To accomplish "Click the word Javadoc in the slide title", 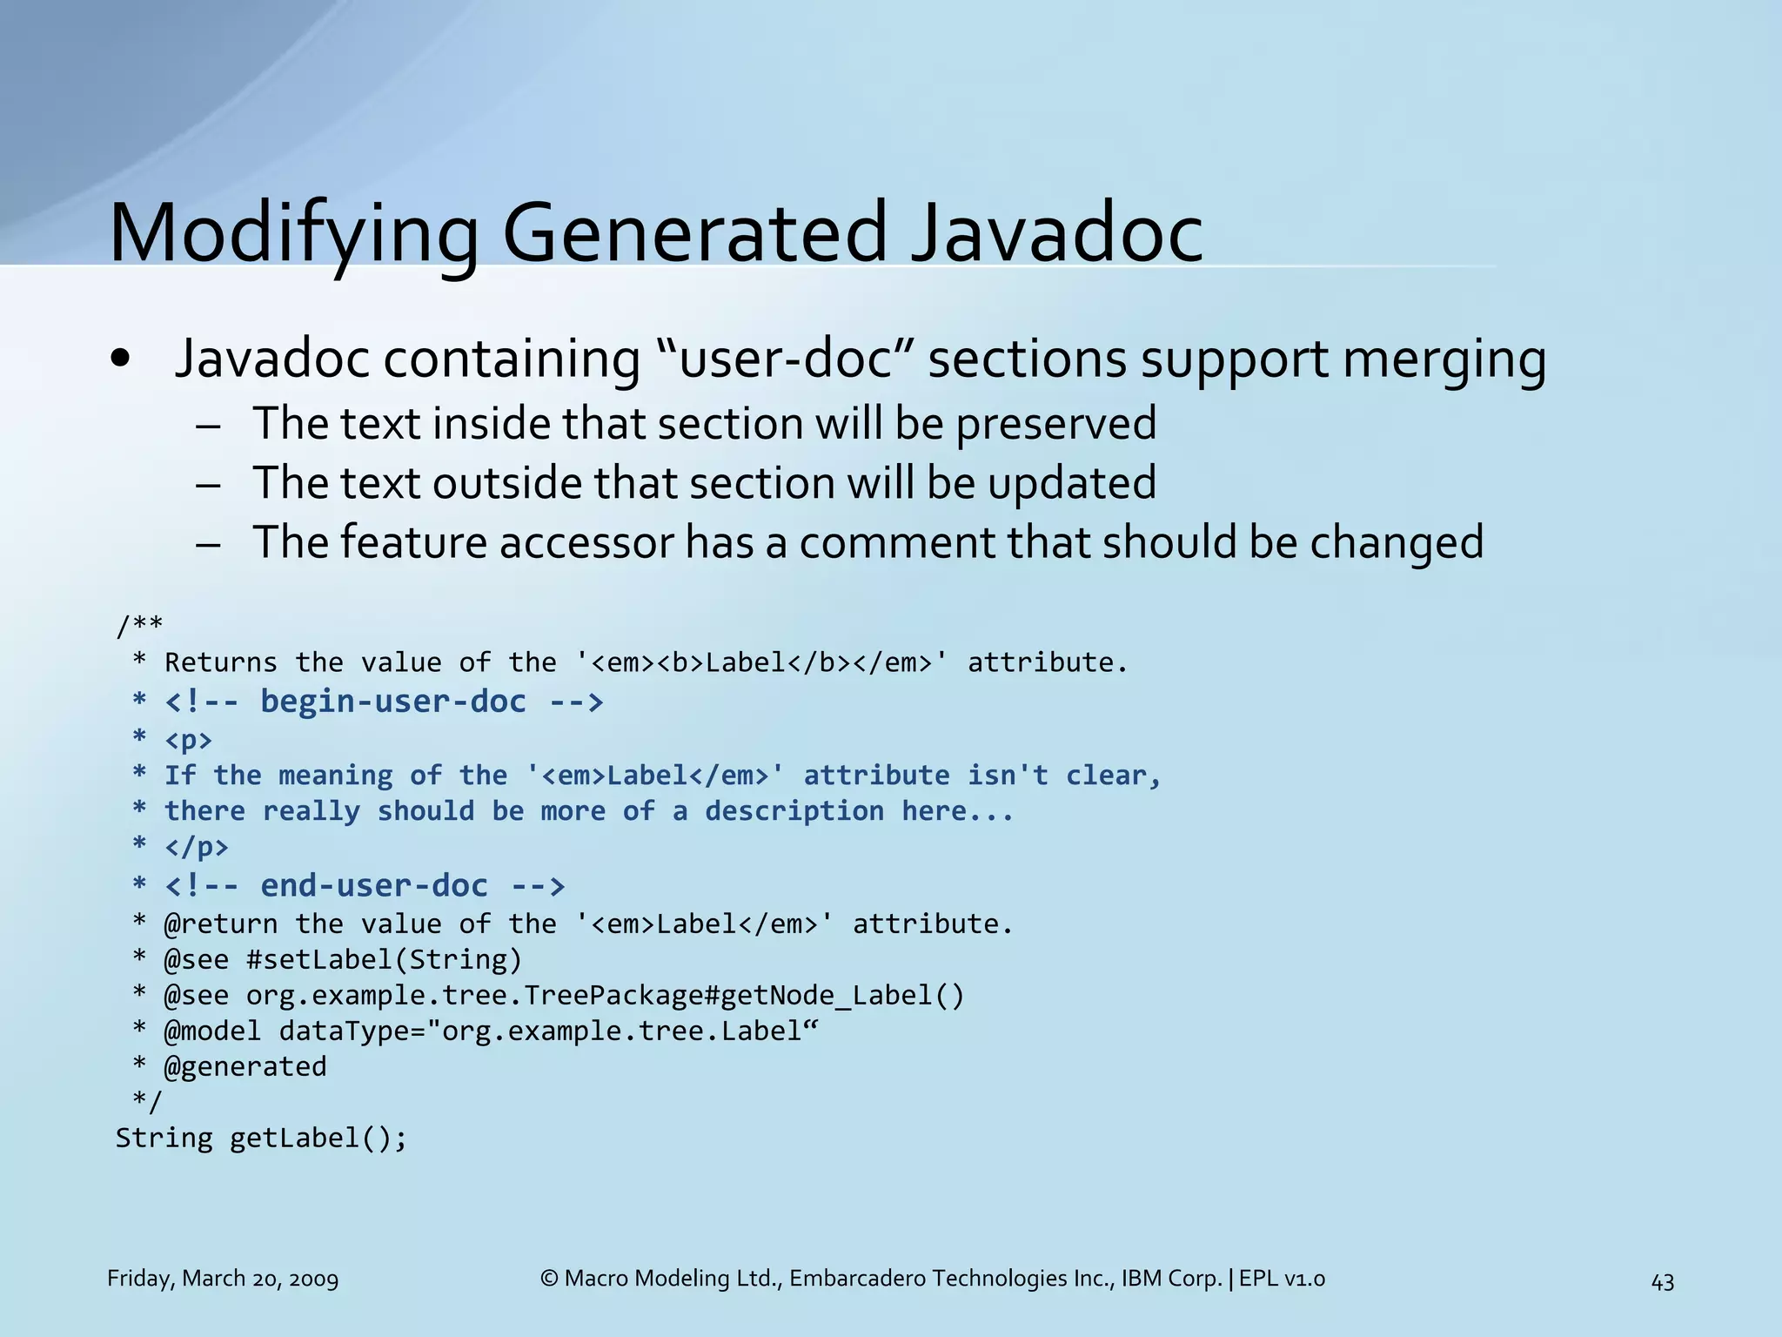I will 1056,233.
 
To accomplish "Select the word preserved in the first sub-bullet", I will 1055,425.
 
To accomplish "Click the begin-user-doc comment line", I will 383,702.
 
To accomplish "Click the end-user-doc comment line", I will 364,886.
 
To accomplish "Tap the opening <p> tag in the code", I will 188,740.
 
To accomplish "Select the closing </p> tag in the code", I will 197,847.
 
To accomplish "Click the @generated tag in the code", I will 245,1067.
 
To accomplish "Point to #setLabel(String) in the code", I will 384,960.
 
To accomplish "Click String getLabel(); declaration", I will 261,1139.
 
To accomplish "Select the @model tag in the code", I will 211,1031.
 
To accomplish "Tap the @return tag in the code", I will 220,924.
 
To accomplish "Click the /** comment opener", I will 139,624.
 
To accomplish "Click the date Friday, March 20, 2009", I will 223,1279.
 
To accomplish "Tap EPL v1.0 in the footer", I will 1282,1279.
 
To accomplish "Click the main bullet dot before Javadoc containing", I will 121,360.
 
